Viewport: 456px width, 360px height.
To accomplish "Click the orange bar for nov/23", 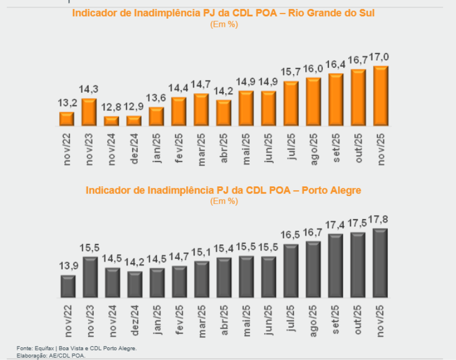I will pyautogui.click(x=89, y=112).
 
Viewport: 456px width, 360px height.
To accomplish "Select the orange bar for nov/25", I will pyautogui.click(x=381, y=96).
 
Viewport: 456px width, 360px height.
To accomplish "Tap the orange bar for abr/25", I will pyautogui.click(x=224, y=113).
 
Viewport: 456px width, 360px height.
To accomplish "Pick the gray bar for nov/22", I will pyautogui.click(x=68, y=286).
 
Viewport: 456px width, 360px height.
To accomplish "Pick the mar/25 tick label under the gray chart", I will pyautogui.click(x=201, y=321).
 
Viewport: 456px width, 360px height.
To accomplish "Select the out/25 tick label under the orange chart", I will pyautogui.click(x=359, y=148).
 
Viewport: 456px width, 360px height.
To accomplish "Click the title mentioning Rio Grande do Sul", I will pyautogui.click(x=223, y=13).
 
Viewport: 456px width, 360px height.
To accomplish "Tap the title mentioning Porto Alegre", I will pyautogui.click(x=223, y=190).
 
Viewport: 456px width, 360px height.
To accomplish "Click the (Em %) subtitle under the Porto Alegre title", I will pyautogui.click(x=223, y=201).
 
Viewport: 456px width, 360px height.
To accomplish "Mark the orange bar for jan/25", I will pyautogui.click(x=156, y=116).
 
